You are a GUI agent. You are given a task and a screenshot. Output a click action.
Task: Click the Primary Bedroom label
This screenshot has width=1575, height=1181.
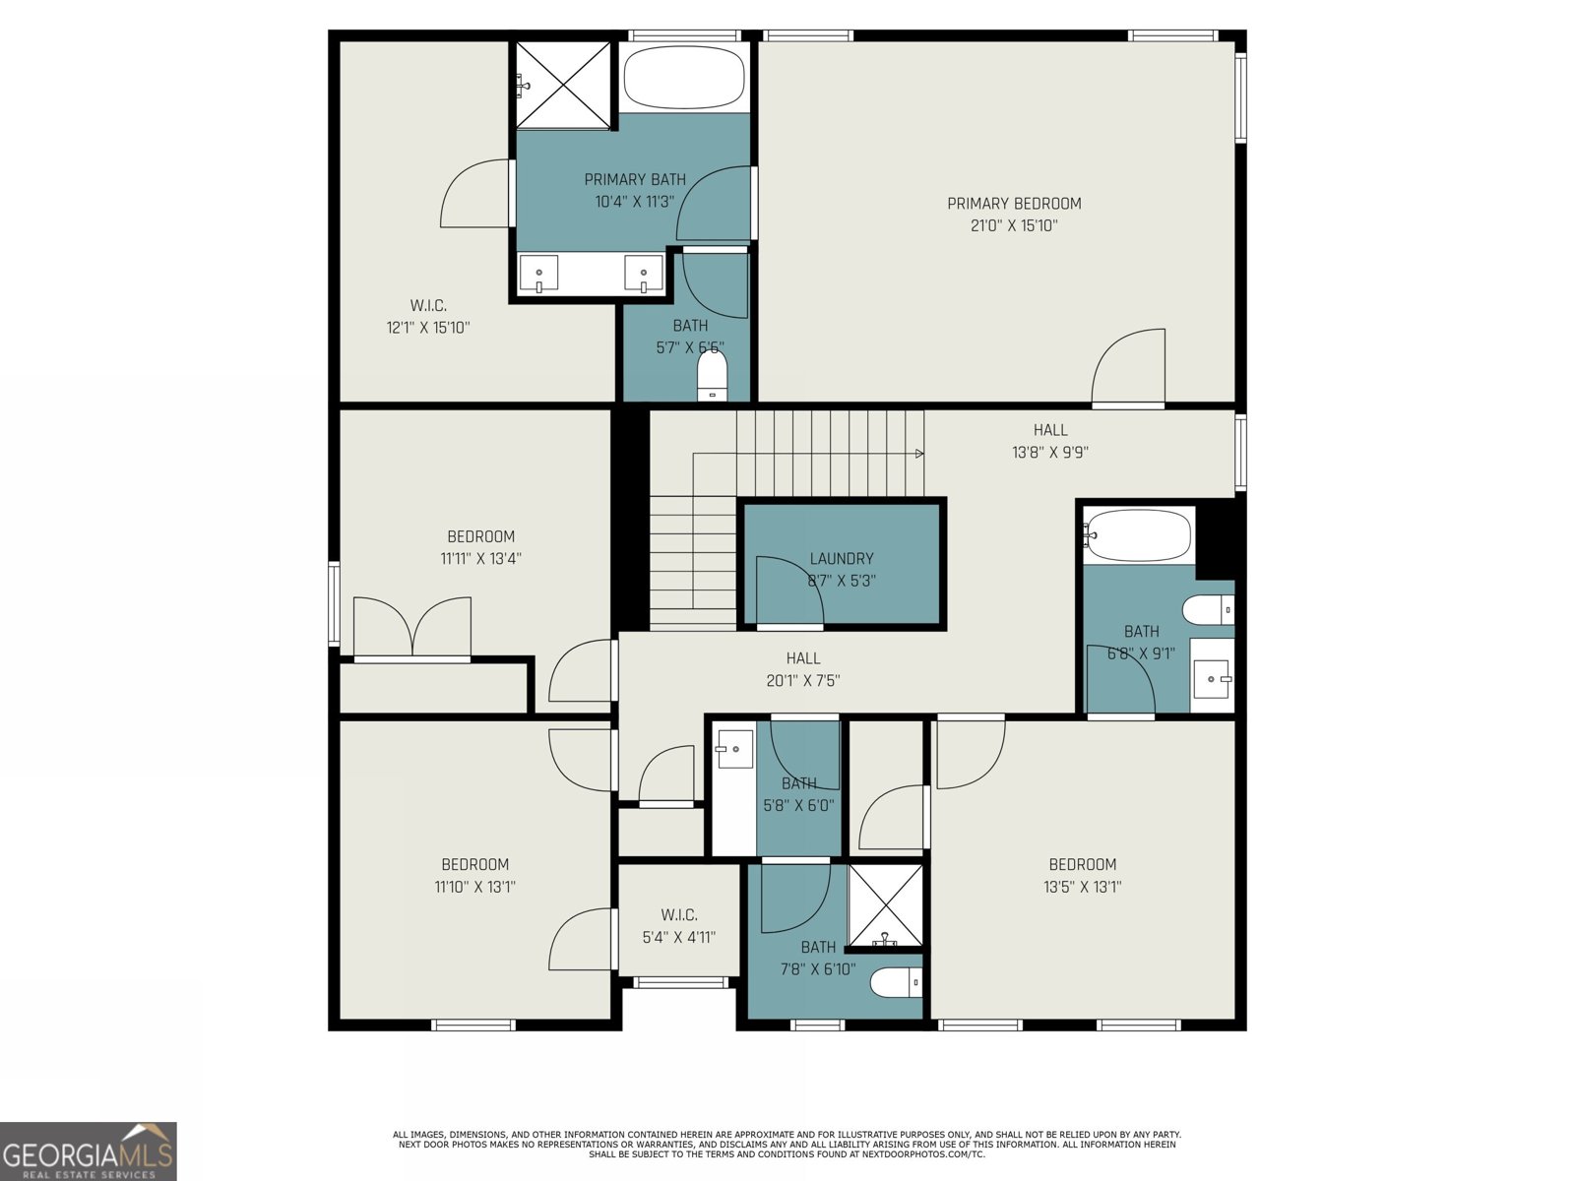point(1014,204)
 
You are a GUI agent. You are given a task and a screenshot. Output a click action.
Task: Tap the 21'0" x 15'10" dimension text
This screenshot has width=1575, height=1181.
point(1014,225)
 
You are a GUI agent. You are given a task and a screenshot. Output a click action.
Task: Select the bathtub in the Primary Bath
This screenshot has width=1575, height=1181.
point(684,77)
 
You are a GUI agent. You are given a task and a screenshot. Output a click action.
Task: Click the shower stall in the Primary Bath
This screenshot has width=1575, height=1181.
point(564,85)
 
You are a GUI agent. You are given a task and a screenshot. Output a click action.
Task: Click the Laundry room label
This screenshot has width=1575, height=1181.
point(842,558)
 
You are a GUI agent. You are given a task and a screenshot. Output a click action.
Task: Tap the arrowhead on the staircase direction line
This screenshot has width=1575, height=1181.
point(919,454)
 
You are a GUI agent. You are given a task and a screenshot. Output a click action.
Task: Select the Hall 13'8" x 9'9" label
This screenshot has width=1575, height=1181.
point(1050,430)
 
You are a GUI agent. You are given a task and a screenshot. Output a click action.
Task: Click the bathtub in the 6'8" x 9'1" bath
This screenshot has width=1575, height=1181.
point(1139,536)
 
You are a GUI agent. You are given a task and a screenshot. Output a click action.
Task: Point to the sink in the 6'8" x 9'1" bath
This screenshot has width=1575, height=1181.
point(1211,679)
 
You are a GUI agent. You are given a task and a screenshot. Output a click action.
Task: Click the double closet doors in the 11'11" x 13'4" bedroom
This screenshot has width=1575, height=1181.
point(412,628)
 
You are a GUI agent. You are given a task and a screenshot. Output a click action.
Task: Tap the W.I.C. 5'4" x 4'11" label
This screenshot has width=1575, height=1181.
point(679,915)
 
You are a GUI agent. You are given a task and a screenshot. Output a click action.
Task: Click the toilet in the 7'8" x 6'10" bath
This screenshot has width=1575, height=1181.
point(896,982)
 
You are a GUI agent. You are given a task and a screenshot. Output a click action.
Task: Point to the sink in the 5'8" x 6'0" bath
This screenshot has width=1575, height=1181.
point(733,749)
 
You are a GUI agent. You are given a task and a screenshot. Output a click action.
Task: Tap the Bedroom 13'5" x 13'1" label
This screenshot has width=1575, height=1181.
point(1083,864)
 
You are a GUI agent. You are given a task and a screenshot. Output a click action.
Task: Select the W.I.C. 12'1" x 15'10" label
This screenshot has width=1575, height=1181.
point(428,306)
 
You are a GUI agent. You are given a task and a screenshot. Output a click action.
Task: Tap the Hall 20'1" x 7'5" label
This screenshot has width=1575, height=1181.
point(803,658)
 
